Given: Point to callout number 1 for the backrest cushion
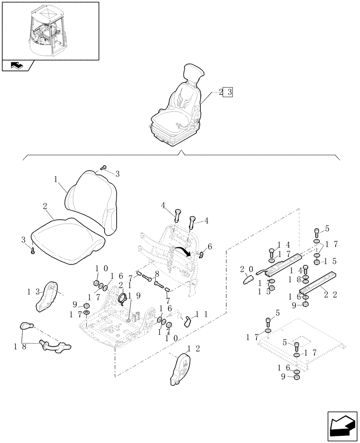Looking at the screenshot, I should [56, 179].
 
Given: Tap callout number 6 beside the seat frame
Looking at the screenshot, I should [210, 246].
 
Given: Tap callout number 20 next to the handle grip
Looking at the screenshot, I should [246, 269].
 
